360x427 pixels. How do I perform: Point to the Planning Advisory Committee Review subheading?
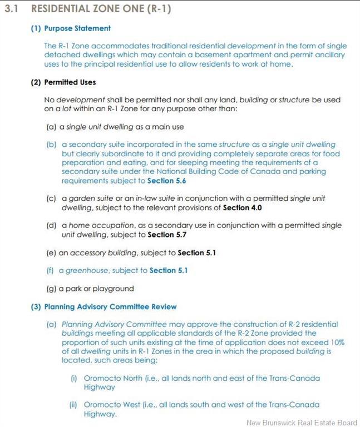110,306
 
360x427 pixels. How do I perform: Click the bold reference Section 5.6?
166,181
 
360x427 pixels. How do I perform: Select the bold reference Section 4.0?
242,208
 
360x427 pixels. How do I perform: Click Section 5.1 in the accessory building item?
196,252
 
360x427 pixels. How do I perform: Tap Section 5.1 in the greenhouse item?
169,271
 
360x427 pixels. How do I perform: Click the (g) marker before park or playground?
51,289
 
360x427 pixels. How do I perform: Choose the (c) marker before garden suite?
51,198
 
